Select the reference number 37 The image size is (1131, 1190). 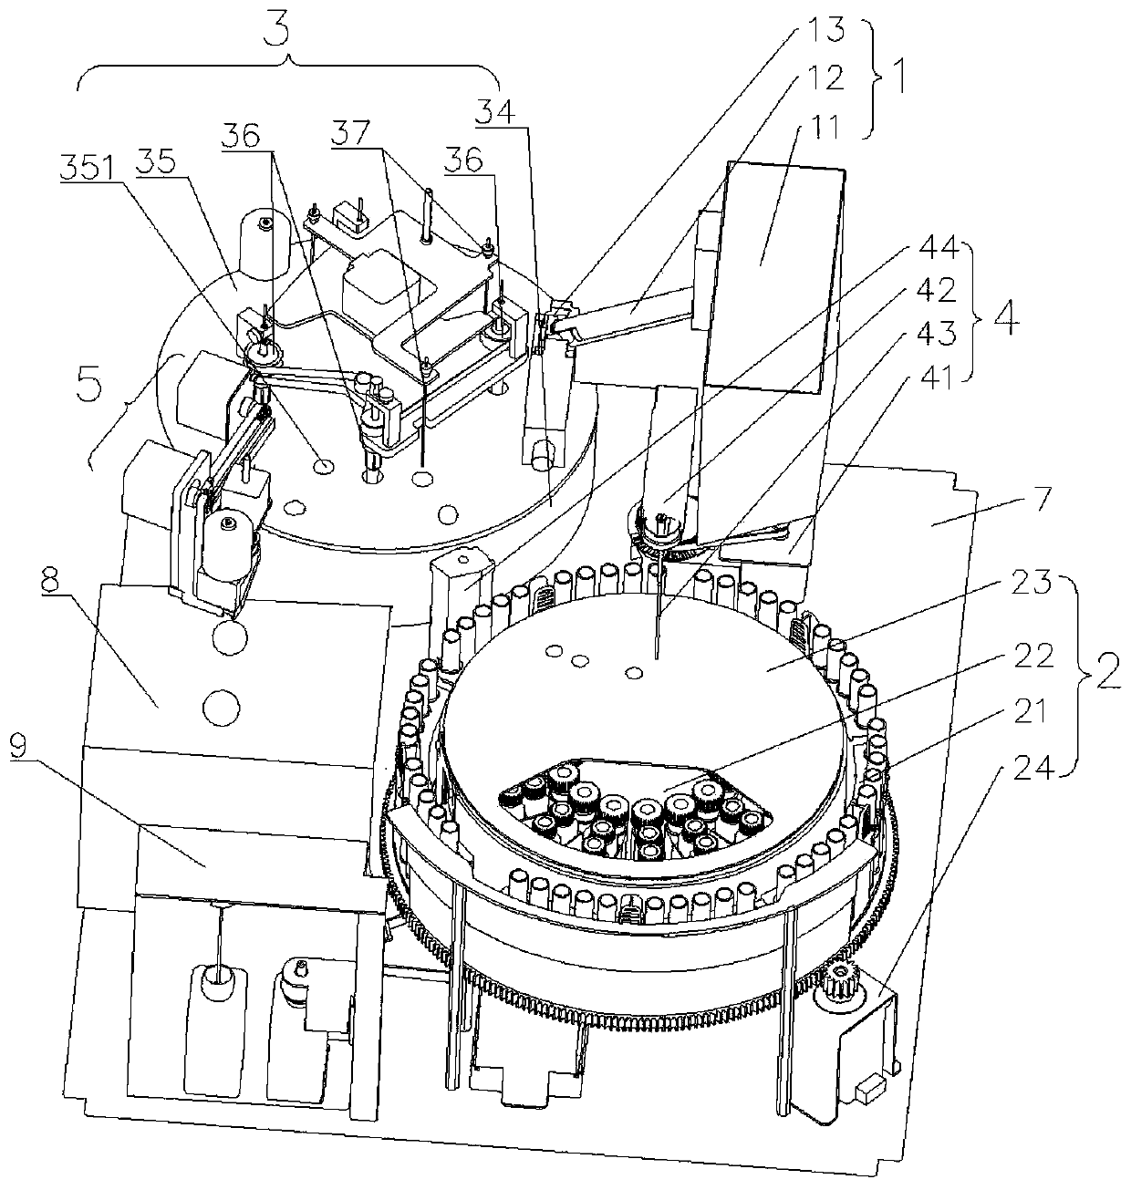pyautogui.click(x=350, y=136)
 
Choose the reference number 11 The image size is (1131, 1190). pyautogui.click(x=810, y=125)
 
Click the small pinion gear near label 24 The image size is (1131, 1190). pyautogui.click(x=837, y=988)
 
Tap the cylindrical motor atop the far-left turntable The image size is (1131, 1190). pyautogui.click(x=265, y=239)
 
